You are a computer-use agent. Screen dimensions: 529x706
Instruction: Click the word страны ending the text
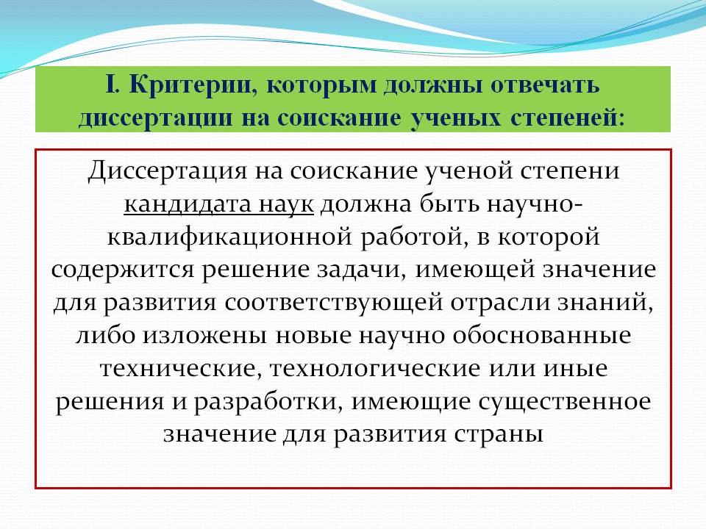(x=499, y=433)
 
